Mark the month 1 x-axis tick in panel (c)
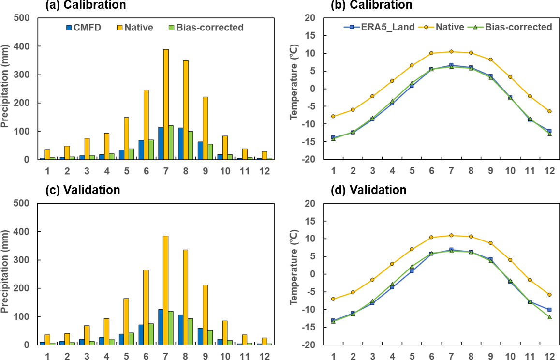(x=47, y=357)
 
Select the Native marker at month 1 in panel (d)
(x=333, y=299)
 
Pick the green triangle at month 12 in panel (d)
(x=549, y=317)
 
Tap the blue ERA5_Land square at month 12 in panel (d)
(x=549, y=310)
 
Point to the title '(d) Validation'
(x=368, y=190)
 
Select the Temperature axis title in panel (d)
(x=293, y=274)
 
